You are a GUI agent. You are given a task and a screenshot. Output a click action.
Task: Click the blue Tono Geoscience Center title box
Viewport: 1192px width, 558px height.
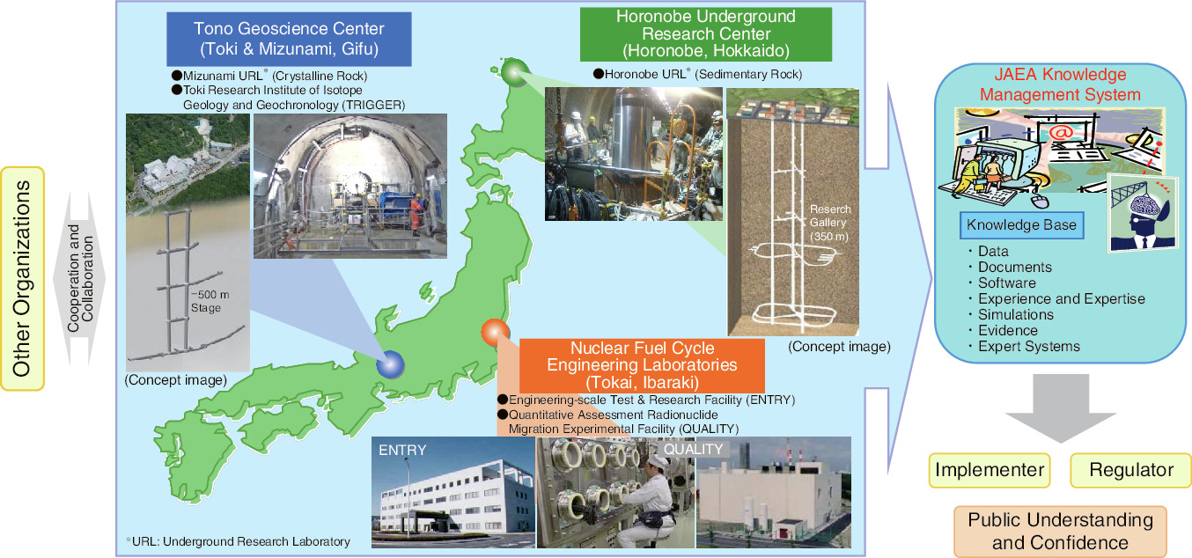coord(289,39)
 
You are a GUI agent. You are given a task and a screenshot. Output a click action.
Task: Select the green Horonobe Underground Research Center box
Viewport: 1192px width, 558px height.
coord(706,34)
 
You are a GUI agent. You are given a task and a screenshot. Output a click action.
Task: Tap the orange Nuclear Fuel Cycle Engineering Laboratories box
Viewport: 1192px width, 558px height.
coord(642,365)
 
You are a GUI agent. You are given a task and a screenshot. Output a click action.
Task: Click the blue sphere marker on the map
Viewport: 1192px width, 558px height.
coord(390,364)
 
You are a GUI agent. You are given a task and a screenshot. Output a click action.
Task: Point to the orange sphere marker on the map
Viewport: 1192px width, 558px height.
coord(496,332)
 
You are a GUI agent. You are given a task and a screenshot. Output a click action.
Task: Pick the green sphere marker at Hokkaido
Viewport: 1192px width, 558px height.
coord(515,72)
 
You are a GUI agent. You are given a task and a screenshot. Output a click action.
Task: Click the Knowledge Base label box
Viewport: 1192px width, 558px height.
coord(1022,225)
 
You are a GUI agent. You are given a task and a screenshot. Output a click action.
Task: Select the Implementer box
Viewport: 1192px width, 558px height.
coord(990,470)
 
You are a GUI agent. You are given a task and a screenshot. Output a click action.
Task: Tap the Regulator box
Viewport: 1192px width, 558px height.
coord(1130,470)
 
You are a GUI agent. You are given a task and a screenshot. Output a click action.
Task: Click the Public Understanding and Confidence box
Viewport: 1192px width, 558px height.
coord(1061,532)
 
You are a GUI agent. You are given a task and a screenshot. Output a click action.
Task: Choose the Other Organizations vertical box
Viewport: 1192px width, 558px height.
coord(22,279)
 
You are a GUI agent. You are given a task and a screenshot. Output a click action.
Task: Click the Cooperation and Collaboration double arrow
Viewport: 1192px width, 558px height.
coord(80,279)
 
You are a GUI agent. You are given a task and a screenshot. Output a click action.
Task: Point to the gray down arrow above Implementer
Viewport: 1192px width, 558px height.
coord(1061,408)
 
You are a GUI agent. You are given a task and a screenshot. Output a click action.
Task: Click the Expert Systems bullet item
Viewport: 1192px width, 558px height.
coord(1025,346)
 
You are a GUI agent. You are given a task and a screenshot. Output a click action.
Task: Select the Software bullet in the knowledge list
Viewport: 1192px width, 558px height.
coord(1002,283)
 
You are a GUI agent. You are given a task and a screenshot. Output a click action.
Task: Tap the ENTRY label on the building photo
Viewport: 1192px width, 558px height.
coord(402,451)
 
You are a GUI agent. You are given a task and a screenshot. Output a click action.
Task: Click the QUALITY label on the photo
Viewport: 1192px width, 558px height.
coord(693,450)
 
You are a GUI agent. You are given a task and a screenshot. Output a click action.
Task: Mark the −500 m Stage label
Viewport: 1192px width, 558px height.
coord(210,301)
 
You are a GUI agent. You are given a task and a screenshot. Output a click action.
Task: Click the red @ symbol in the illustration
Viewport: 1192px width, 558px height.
coord(1061,132)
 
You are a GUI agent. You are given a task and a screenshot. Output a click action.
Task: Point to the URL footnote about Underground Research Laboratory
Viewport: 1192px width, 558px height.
coord(239,541)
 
